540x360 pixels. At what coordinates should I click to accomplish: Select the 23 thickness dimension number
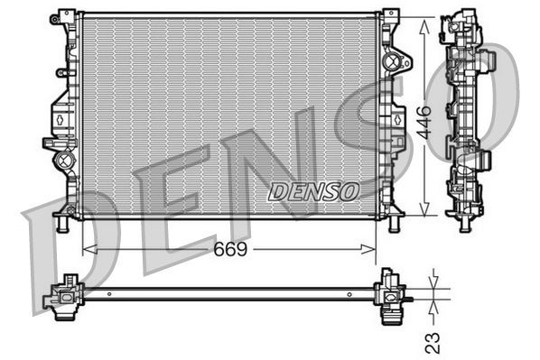pos(433,341)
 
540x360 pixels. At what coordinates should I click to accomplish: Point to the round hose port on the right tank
pos(392,61)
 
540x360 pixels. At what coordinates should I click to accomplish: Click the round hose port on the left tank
pos(63,162)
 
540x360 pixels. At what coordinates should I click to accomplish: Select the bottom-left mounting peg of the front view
pos(61,222)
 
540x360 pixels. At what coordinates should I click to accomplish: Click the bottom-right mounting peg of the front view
pos(394,222)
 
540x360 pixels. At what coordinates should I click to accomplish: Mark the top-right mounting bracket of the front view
pos(391,16)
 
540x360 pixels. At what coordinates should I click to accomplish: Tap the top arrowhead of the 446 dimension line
pos(425,19)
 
